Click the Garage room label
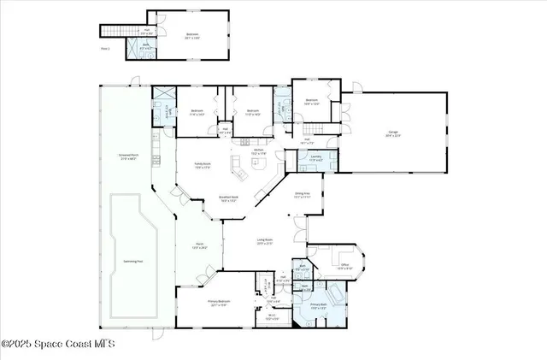(x=393, y=134)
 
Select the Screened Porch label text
(x=128, y=157)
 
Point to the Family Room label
(x=202, y=165)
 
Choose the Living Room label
(x=265, y=241)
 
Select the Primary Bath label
(x=319, y=305)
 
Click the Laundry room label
(x=315, y=156)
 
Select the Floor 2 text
(x=105, y=50)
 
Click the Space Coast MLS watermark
(x=57, y=345)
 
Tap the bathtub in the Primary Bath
(x=335, y=295)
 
